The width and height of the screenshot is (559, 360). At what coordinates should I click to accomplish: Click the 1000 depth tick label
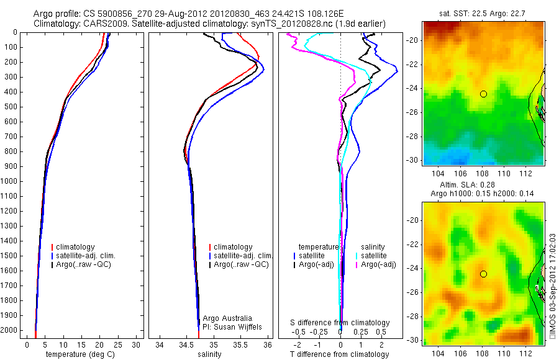pos(11,181)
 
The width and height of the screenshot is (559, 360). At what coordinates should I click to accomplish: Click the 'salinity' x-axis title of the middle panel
pos(209,354)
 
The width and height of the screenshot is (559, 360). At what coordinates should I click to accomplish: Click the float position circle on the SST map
pos(483,94)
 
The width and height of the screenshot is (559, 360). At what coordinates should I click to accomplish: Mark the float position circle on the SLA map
pos(483,274)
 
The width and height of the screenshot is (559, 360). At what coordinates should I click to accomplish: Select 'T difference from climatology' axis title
pos(340,354)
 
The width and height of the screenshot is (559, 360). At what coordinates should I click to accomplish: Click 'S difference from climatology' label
pos(340,323)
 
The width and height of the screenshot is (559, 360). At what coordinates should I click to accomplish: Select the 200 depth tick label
pos(13,62)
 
